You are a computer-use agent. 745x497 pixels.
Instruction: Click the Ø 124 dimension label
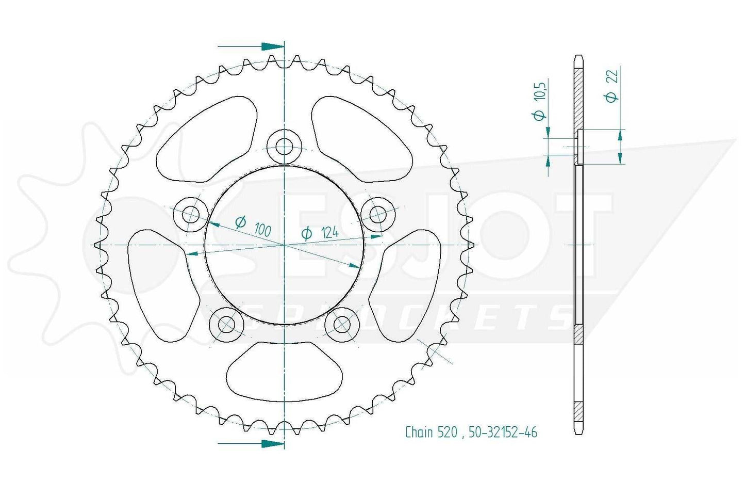(320, 233)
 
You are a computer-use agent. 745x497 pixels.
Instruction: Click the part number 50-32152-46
(503, 432)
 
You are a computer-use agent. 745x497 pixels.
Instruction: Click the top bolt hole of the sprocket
(285, 147)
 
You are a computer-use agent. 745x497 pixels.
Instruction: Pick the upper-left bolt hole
(191, 214)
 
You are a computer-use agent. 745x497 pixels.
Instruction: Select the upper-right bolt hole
(378, 214)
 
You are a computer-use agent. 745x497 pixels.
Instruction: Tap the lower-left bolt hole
(226, 324)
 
